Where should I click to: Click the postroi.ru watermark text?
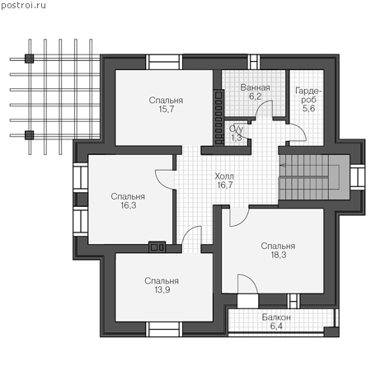tap(23, 6)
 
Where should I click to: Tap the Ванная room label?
tap(255, 87)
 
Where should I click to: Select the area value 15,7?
tap(167, 109)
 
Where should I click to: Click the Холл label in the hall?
tap(224, 176)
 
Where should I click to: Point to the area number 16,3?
tap(129, 205)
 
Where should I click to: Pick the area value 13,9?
tap(162, 289)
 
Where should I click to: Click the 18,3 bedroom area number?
tap(279, 255)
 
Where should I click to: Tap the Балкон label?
tap(276, 317)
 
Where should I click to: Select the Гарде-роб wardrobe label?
tap(308, 95)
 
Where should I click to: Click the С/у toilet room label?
tap(236, 129)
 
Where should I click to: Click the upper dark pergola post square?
tap(29, 59)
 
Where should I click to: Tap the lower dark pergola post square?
tap(29, 135)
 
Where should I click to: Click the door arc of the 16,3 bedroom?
tap(160, 184)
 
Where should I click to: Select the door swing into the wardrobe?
tap(302, 129)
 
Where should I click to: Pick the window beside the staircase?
tap(357, 176)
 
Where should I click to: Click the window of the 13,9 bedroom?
tap(164, 329)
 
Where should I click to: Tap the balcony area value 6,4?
tap(276, 326)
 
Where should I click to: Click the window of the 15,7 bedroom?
tap(164, 62)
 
